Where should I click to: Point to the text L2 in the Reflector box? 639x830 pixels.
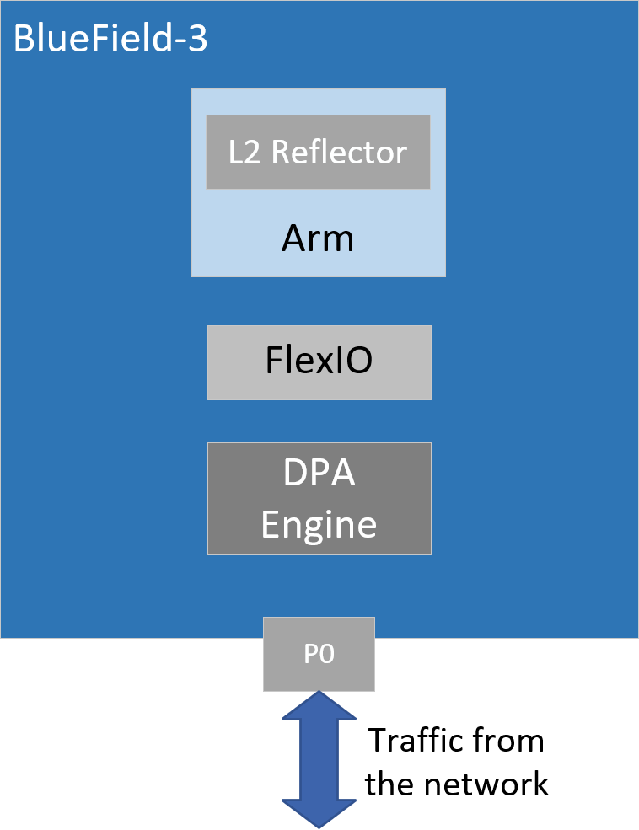pyautogui.click(x=244, y=153)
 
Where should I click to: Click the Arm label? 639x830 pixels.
pyautogui.click(x=318, y=239)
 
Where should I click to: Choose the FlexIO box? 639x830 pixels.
pyautogui.click(x=319, y=362)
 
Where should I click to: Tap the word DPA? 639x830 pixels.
pyautogui.click(x=319, y=474)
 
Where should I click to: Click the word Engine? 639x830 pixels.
pyautogui.click(x=319, y=524)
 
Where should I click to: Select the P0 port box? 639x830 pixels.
pyautogui.click(x=319, y=654)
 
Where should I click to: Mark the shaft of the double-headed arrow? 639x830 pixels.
pyautogui.click(x=319, y=760)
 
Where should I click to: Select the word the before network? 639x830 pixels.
pyautogui.click(x=390, y=784)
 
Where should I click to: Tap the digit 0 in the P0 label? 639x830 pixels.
pyautogui.click(x=326, y=655)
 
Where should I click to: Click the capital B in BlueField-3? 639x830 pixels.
pyautogui.click(x=24, y=40)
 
